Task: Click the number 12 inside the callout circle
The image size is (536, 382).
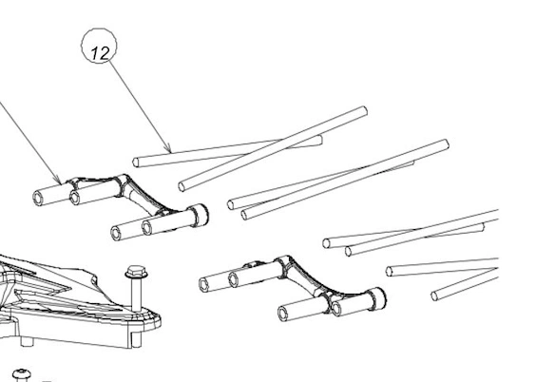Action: (x=100, y=53)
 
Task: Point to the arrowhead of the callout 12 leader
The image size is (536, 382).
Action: (x=168, y=149)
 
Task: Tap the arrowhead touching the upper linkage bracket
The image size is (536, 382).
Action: (x=59, y=180)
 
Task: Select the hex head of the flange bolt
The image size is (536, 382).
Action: (x=137, y=272)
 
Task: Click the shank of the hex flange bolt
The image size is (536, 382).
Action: (x=137, y=294)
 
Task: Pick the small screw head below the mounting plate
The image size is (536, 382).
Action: (x=22, y=374)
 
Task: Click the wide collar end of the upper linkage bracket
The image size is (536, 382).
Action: (x=200, y=215)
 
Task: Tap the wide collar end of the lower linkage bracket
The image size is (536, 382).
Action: (x=377, y=297)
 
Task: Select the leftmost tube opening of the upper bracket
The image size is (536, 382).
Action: (x=38, y=199)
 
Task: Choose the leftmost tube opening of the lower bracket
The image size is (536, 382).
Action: (x=204, y=285)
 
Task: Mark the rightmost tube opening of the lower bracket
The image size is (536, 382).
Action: (x=336, y=309)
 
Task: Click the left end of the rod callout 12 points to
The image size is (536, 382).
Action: (x=136, y=162)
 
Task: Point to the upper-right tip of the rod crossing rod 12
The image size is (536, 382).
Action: (x=364, y=111)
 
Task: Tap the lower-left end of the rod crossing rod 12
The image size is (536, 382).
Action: (x=182, y=186)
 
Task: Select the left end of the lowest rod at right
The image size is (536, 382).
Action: (x=434, y=296)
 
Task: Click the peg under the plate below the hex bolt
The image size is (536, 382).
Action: (x=136, y=340)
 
